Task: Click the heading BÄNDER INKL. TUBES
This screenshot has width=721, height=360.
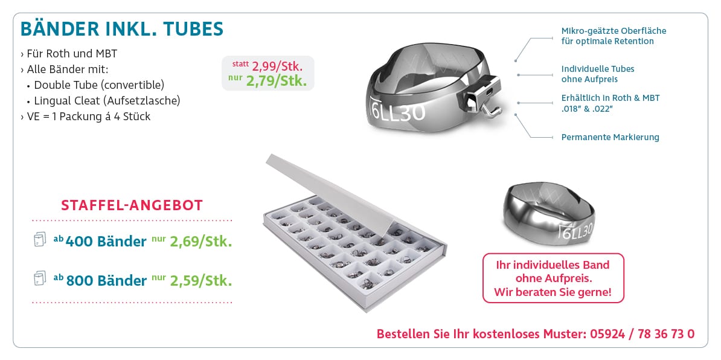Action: [x=122, y=29]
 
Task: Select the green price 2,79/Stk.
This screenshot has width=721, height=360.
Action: [x=277, y=82]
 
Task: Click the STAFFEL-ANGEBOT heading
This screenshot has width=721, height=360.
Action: [x=132, y=205]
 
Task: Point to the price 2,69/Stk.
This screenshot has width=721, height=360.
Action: [x=201, y=242]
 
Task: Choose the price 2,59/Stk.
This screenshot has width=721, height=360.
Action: [x=201, y=280]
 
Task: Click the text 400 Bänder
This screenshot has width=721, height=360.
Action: [x=106, y=242]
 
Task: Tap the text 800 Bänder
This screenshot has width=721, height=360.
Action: [x=106, y=280]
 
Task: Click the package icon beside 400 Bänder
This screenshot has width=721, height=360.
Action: [x=40, y=240]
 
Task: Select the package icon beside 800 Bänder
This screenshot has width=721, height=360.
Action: [x=40, y=278]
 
